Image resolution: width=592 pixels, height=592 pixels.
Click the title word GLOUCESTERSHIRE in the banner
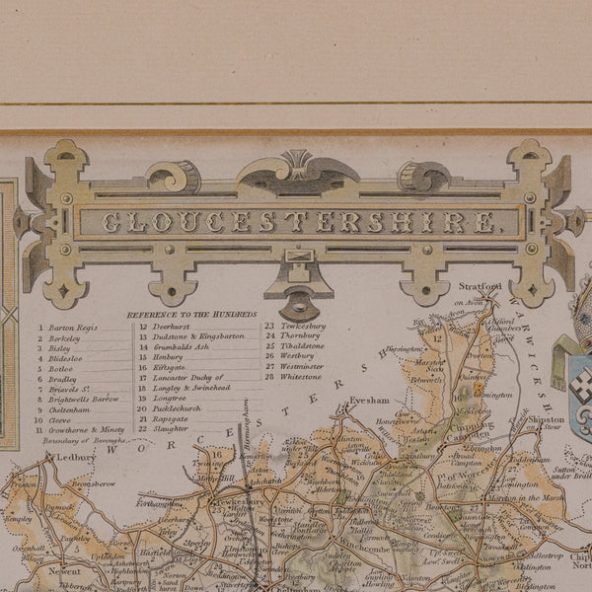click(298, 222)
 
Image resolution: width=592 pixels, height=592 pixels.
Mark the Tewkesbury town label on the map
click(241, 501)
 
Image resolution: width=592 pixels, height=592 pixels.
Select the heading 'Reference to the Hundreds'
click(191, 314)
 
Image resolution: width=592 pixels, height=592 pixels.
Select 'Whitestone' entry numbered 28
click(302, 376)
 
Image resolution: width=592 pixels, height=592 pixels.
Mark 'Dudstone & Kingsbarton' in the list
click(198, 335)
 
